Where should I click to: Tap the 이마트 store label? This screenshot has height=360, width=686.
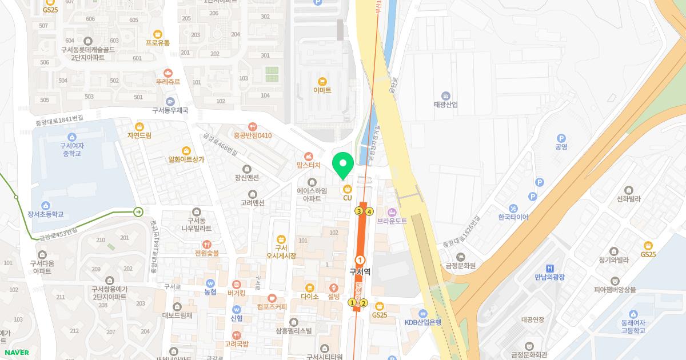click(x=322, y=90)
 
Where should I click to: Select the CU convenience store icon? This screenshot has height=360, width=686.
click(x=347, y=189)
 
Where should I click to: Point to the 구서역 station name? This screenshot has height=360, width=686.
click(x=360, y=272)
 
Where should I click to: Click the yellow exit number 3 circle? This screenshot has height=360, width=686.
click(x=359, y=211)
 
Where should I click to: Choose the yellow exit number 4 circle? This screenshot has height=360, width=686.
click(x=370, y=211)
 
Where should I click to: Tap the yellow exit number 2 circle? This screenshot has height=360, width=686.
click(x=364, y=303)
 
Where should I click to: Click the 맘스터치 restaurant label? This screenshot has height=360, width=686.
click(x=308, y=164)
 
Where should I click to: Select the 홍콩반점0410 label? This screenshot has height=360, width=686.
click(x=253, y=135)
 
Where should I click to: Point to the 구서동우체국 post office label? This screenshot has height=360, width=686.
click(x=170, y=110)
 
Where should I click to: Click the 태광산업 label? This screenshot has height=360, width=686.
click(x=446, y=105)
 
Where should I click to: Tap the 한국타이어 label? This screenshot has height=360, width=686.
click(x=513, y=217)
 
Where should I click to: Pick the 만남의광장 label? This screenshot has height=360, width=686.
click(x=550, y=277)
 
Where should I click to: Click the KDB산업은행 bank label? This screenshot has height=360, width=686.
click(x=423, y=322)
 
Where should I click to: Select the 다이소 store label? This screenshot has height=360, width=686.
click(x=309, y=297)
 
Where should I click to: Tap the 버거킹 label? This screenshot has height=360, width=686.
click(x=236, y=293)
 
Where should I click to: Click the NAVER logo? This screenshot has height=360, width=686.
click(x=17, y=353)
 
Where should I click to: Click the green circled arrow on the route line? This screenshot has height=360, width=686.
click(x=138, y=212)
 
